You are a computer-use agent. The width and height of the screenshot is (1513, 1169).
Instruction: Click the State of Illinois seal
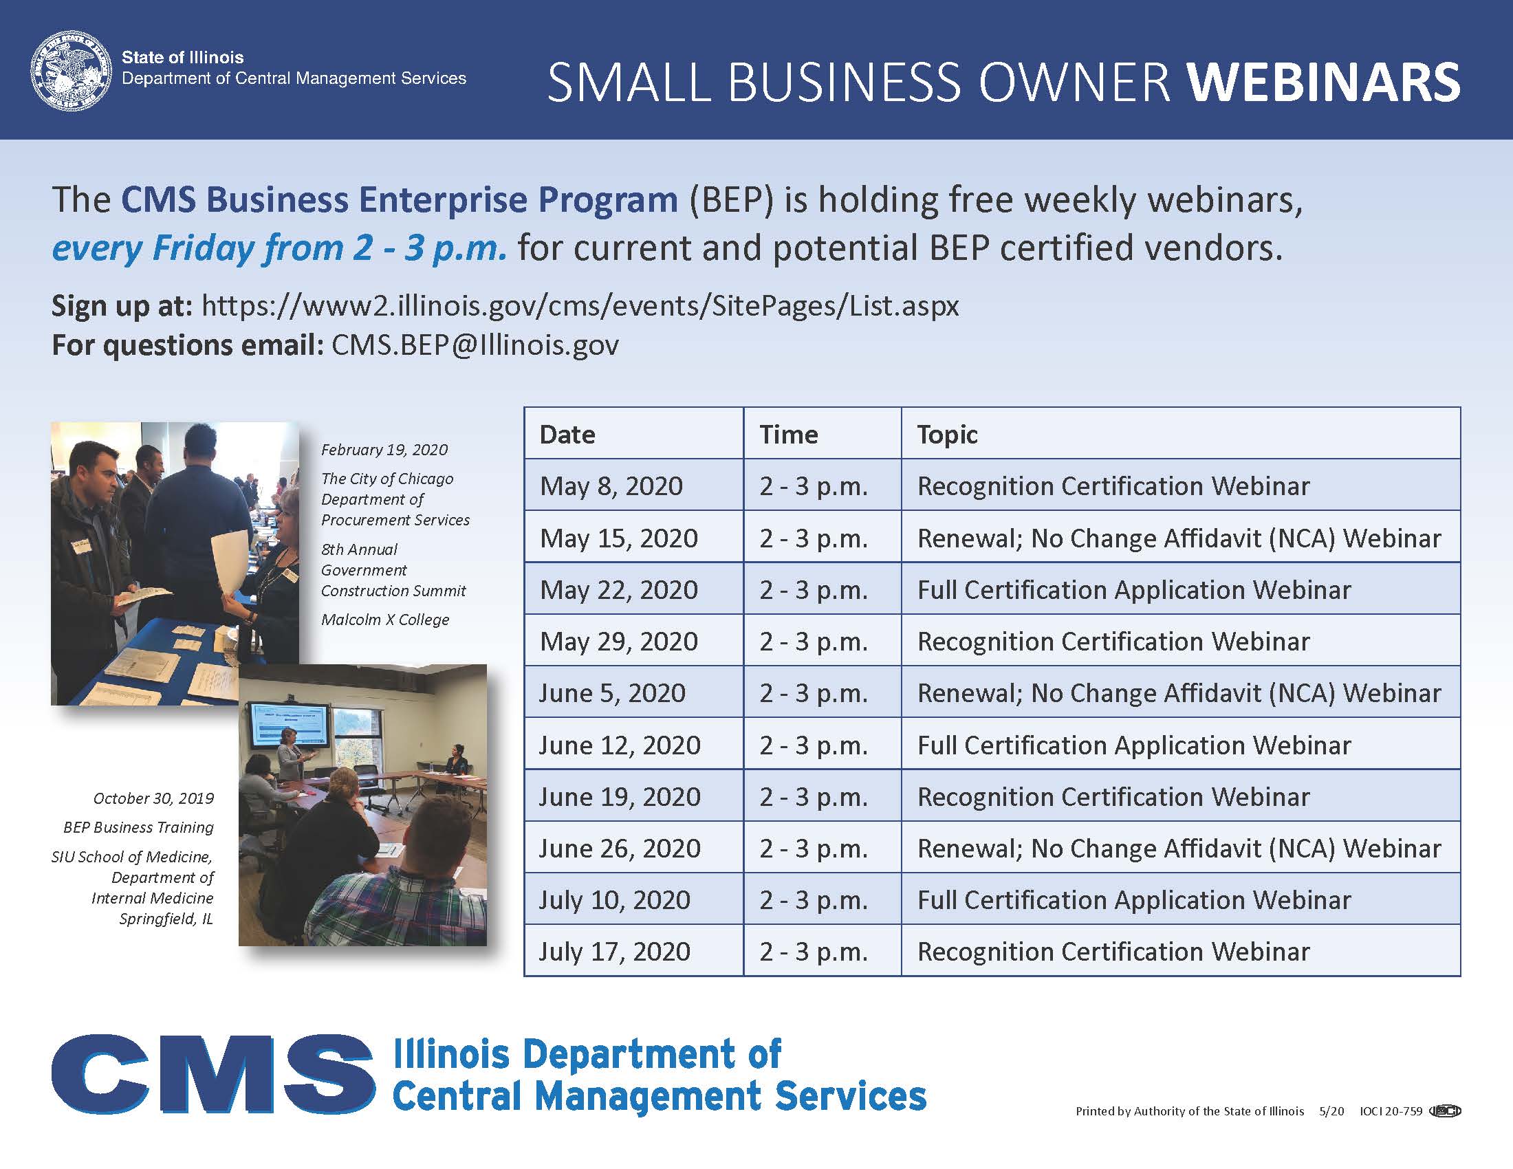click(71, 70)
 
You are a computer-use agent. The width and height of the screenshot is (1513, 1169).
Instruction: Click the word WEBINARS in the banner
click(1324, 83)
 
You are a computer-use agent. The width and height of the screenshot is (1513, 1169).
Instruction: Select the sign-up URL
click(580, 305)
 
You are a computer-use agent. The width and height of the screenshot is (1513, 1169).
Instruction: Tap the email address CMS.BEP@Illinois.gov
click(475, 345)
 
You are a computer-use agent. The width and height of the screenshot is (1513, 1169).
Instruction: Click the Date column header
click(567, 434)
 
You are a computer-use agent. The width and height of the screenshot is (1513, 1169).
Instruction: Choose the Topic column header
click(947, 434)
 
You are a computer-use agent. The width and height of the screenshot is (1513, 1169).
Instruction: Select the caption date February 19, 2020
click(384, 450)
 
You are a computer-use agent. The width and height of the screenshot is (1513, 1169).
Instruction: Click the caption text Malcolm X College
click(385, 620)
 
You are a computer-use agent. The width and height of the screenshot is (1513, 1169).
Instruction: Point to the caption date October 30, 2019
click(154, 798)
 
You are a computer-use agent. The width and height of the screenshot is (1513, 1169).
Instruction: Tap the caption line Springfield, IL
click(166, 919)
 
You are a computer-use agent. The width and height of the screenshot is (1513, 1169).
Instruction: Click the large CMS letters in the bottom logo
click(213, 1074)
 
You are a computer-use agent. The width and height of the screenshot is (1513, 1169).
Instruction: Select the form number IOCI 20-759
click(1391, 1111)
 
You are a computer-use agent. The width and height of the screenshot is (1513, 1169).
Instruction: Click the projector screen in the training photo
click(290, 725)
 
